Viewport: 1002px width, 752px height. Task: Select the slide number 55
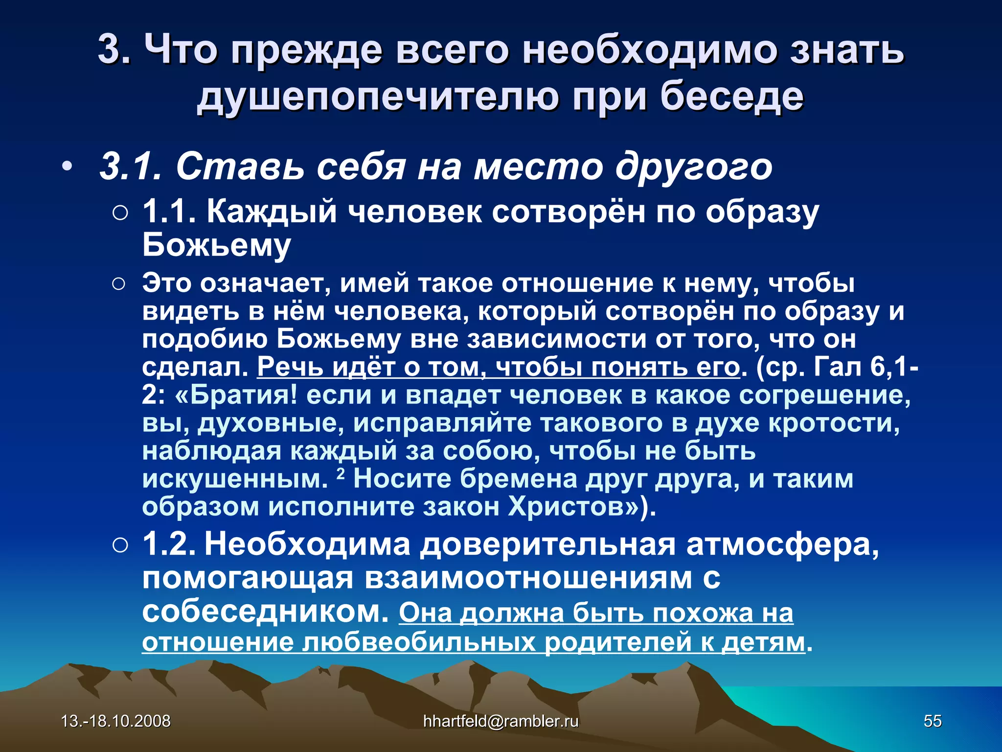(933, 721)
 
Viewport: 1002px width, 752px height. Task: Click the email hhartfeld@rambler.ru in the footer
(501, 721)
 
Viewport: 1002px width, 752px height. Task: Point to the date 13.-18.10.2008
(116, 721)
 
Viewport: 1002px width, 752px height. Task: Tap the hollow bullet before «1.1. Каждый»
(119, 213)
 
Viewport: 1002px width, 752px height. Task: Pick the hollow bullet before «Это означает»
(119, 284)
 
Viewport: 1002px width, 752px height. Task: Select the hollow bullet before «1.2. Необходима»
(119, 545)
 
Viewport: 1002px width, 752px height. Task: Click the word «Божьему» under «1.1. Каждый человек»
(217, 245)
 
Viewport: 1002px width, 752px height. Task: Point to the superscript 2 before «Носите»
(341, 473)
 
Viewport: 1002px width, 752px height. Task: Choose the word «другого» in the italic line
(694, 167)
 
